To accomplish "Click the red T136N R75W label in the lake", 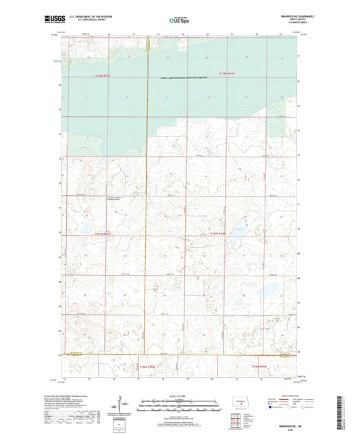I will (x=99, y=77).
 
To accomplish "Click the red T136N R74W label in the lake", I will (x=230, y=73).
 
